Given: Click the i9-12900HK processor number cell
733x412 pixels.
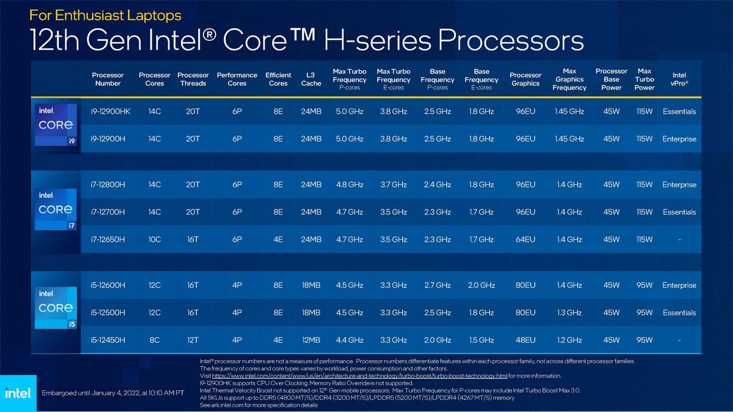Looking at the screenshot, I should click(x=111, y=112).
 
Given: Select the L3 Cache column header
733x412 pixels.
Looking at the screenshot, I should click(x=311, y=79).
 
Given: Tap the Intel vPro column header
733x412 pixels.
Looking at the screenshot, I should click(x=679, y=79).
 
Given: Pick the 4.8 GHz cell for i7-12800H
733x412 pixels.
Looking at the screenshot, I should click(x=349, y=185).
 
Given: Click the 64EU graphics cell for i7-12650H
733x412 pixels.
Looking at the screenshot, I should click(x=525, y=239).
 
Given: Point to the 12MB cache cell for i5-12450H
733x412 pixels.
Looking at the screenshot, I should click(x=311, y=340).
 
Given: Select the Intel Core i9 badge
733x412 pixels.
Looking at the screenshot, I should click(x=56, y=125).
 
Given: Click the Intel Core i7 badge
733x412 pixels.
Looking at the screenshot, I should click(x=56, y=209).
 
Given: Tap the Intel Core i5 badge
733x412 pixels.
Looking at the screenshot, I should click(x=56, y=308).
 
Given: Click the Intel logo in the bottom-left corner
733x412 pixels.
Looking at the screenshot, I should click(x=18, y=393).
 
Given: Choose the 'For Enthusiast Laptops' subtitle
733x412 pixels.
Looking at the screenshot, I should click(x=105, y=15).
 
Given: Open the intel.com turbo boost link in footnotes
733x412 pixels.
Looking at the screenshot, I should click(x=360, y=376).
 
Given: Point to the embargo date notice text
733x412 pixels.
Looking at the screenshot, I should click(x=113, y=393).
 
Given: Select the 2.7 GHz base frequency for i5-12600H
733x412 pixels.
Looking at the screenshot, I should click(x=438, y=285).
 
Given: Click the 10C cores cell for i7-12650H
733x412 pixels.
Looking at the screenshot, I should click(x=155, y=239).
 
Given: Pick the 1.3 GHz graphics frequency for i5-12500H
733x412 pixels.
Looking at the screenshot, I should click(x=569, y=312).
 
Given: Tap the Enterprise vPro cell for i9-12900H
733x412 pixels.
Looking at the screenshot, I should click(x=679, y=139).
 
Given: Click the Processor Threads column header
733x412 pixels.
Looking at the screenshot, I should click(x=193, y=79).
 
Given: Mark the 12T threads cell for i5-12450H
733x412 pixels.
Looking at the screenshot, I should click(x=193, y=340).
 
